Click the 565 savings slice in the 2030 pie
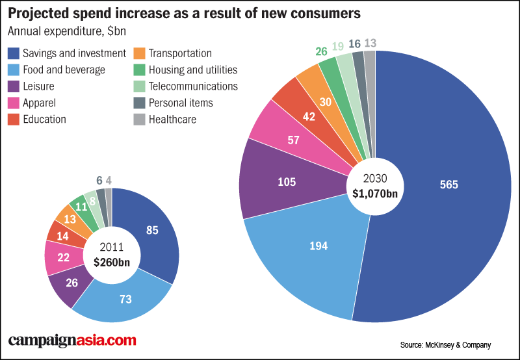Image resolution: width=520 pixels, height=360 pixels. [x=448, y=185]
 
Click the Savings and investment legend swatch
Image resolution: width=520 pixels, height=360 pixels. [x=13, y=53]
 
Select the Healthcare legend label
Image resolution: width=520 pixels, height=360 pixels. [x=172, y=120]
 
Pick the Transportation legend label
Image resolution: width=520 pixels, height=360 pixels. [x=180, y=53]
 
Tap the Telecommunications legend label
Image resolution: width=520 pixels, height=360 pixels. [x=193, y=86]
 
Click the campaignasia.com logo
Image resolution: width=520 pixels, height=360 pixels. [x=72, y=341]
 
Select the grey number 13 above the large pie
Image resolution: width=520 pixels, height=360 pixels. [x=370, y=44]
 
